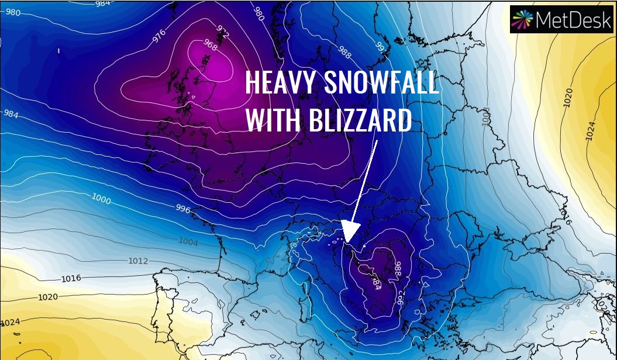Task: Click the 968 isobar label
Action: pyautogui.click(x=209, y=43)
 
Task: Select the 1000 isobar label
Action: pyautogui.click(x=101, y=199)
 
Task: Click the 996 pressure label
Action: pyautogui.click(x=183, y=209)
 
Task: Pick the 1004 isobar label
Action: pyautogui.click(x=188, y=241)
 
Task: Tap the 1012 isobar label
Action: pyautogui.click(x=138, y=261)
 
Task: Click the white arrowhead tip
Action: pyautogui.click(x=347, y=241)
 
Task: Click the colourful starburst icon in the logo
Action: pyautogui.click(x=521, y=19)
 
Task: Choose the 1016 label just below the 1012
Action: pyautogui.click(x=71, y=278)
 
